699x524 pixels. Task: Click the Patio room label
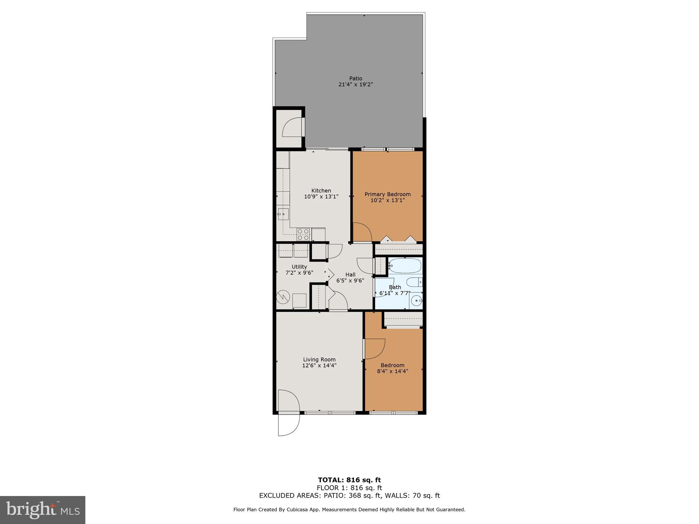click(355, 78)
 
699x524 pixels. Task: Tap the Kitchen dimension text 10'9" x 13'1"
click(321, 196)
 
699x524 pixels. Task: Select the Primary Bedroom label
click(387, 194)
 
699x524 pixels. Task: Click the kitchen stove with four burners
click(303, 234)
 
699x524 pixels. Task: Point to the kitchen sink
click(283, 214)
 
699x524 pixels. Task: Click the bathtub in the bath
click(405, 265)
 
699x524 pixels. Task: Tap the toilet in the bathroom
click(415, 282)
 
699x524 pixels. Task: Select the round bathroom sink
click(416, 301)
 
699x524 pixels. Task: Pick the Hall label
click(350, 275)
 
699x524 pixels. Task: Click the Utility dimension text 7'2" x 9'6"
click(299, 273)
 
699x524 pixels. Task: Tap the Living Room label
click(319, 360)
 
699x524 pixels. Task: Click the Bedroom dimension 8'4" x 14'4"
click(393, 371)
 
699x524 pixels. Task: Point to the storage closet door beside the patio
click(293, 127)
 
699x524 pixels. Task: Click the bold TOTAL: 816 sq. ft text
click(349, 480)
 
